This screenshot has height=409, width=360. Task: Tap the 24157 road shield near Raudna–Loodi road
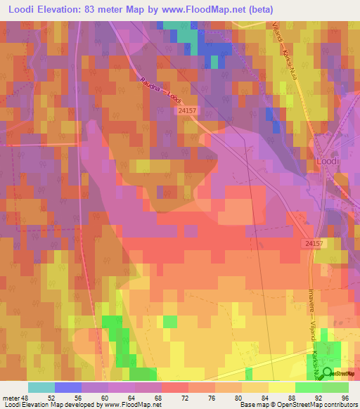point(187,110)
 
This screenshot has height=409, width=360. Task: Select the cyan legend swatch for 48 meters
point(41,387)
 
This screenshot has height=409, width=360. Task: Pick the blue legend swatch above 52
point(67,387)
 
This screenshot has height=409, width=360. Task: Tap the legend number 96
point(345,398)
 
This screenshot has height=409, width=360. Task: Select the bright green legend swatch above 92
point(308,387)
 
